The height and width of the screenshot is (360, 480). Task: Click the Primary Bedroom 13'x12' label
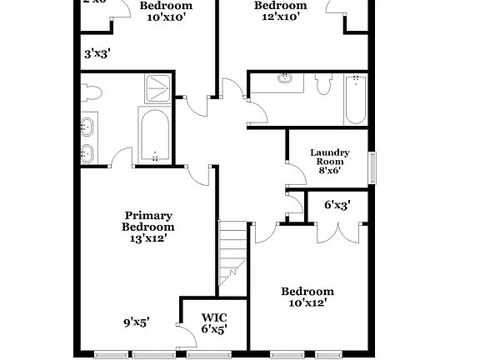tap(148, 227)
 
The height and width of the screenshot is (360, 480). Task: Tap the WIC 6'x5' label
tap(214, 323)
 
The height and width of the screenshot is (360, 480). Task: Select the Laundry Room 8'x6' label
tap(329, 162)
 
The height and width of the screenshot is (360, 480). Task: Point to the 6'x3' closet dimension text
tap(337, 204)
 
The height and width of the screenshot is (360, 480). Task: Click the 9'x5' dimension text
tap(137, 321)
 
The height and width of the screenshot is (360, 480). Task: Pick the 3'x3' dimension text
tap(97, 53)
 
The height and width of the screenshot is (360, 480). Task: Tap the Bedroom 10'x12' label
tap(307, 297)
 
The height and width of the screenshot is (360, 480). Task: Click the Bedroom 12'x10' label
tap(280, 10)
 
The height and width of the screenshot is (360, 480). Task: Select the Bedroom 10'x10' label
tap(166, 10)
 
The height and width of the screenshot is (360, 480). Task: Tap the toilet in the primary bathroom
tap(91, 90)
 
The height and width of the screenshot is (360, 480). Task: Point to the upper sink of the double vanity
tap(87, 127)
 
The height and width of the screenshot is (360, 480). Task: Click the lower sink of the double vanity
tap(87, 152)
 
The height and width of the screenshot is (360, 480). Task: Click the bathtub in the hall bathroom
tap(356, 99)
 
